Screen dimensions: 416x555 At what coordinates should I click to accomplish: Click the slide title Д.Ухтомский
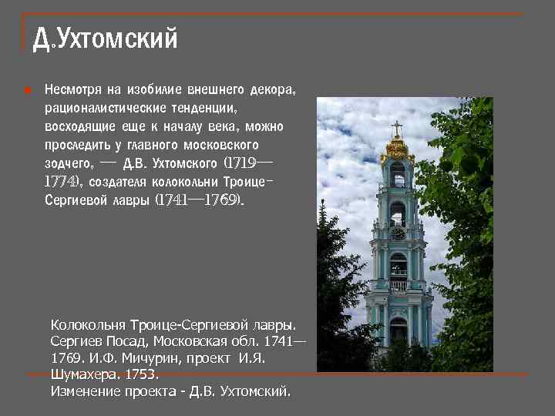[106, 39]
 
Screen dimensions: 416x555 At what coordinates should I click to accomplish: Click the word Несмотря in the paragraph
[71, 89]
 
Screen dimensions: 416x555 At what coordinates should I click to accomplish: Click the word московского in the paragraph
[222, 145]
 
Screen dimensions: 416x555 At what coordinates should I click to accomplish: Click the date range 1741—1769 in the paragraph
[199, 200]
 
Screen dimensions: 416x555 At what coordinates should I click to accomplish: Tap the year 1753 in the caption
[141, 374]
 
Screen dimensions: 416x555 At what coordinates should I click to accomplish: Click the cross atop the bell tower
[397, 127]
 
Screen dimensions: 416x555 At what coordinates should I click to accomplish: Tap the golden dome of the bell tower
[397, 148]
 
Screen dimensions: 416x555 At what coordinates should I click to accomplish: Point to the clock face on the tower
[398, 233]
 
